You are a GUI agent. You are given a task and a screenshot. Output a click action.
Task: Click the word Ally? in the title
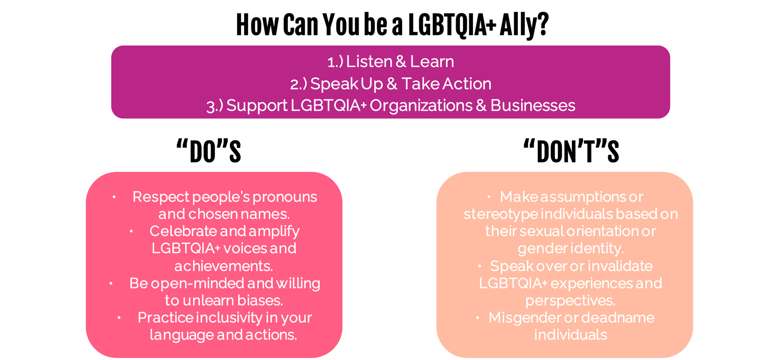coord(524,25)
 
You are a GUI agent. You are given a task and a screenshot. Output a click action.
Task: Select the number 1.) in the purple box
coord(335,62)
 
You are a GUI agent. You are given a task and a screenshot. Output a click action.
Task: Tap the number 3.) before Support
coord(215,106)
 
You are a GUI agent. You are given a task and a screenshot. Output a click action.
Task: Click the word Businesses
coord(533,105)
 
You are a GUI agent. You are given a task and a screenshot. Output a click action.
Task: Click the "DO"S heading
coord(209,151)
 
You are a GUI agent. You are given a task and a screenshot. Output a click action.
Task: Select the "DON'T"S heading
coord(571,151)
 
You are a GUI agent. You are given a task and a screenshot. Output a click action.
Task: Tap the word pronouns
coord(285,197)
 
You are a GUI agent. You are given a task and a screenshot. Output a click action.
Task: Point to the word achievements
coord(223,266)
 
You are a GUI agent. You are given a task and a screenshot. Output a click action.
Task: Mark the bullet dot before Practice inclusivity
coord(119,318)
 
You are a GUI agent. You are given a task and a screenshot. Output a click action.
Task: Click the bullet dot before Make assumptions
coord(489,197)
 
